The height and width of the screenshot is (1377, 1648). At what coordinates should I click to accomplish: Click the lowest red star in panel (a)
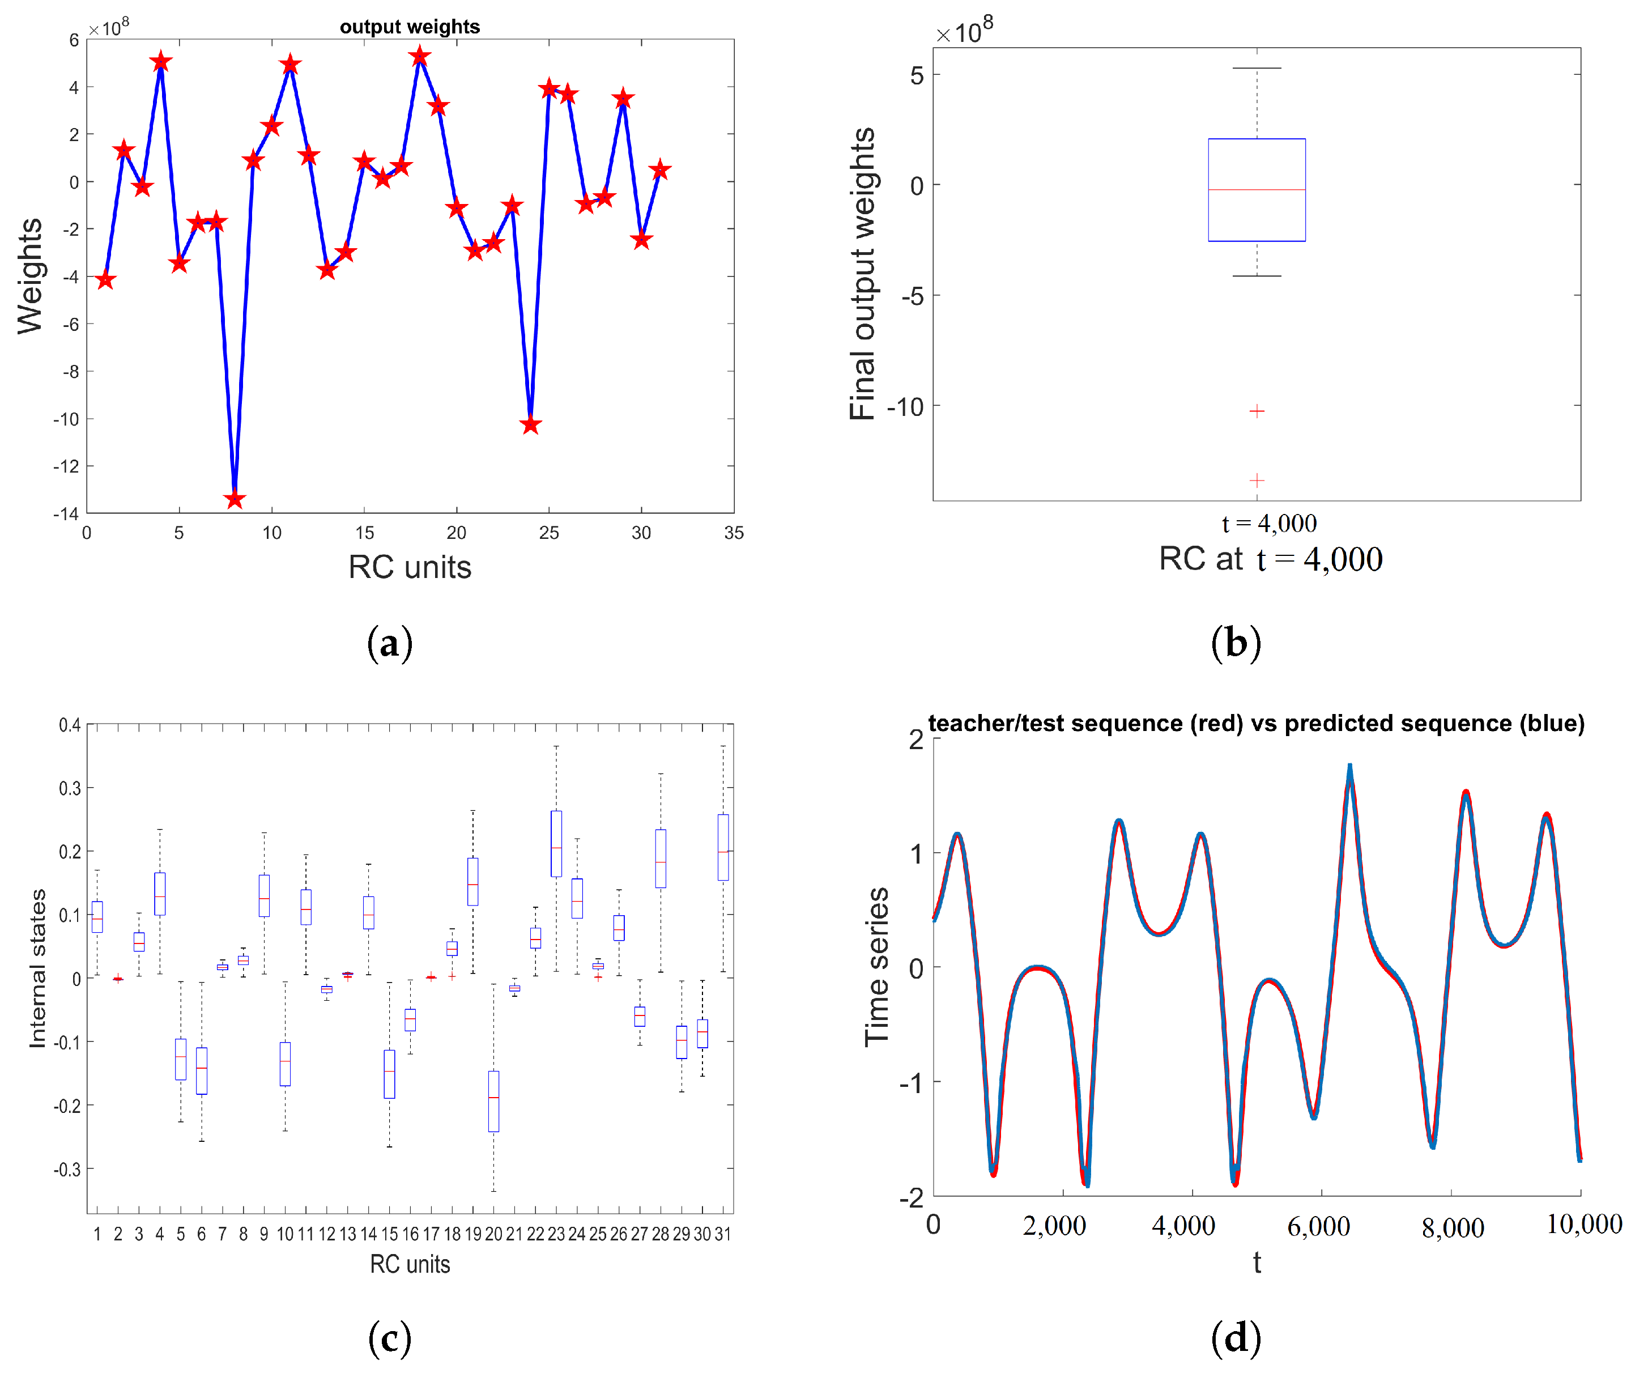pyautogui.click(x=235, y=499)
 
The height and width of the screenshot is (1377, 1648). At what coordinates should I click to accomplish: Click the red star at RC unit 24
pyautogui.click(x=530, y=425)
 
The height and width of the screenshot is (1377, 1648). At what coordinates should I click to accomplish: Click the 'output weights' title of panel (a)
pyautogui.click(x=410, y=27)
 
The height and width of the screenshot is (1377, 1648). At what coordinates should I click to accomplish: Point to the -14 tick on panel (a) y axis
pyautogui.click(x=66, y=514)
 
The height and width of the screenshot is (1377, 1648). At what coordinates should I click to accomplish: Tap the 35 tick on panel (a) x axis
pyautogui.click(x=734, y=533)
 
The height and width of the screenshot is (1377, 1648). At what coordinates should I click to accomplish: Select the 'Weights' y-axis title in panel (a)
pyautogui.click(x=30, y=277)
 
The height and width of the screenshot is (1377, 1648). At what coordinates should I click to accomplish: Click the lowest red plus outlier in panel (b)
pyautogui.click(x=1257, y=479)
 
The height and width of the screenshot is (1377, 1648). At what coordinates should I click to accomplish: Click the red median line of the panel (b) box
pyautogui.click(x=1257, y=190)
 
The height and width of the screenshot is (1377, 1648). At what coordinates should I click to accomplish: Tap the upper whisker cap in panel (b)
pyautogui.click(x=1257, y=69)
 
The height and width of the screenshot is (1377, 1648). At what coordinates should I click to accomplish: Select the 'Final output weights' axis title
pyautogui.click(x=862, y=274)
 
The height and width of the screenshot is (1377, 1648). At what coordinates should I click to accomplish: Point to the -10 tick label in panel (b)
pyautogui.click(x=905, y=407)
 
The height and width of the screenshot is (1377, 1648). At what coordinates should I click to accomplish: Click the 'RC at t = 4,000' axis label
pyautogui.click(x=1271, y=559)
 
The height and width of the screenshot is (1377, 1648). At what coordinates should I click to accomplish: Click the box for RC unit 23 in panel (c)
pyautogui.click(x=556, y=844)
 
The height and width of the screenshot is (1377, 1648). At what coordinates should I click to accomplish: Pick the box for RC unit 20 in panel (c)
pyautogui.click(x=493, y=1100)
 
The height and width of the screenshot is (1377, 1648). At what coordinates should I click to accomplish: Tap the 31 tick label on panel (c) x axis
pyautogui.click(x=723, y=1234)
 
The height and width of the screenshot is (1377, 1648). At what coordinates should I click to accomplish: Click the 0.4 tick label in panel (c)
pyautogui.click(x=70, y=725)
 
